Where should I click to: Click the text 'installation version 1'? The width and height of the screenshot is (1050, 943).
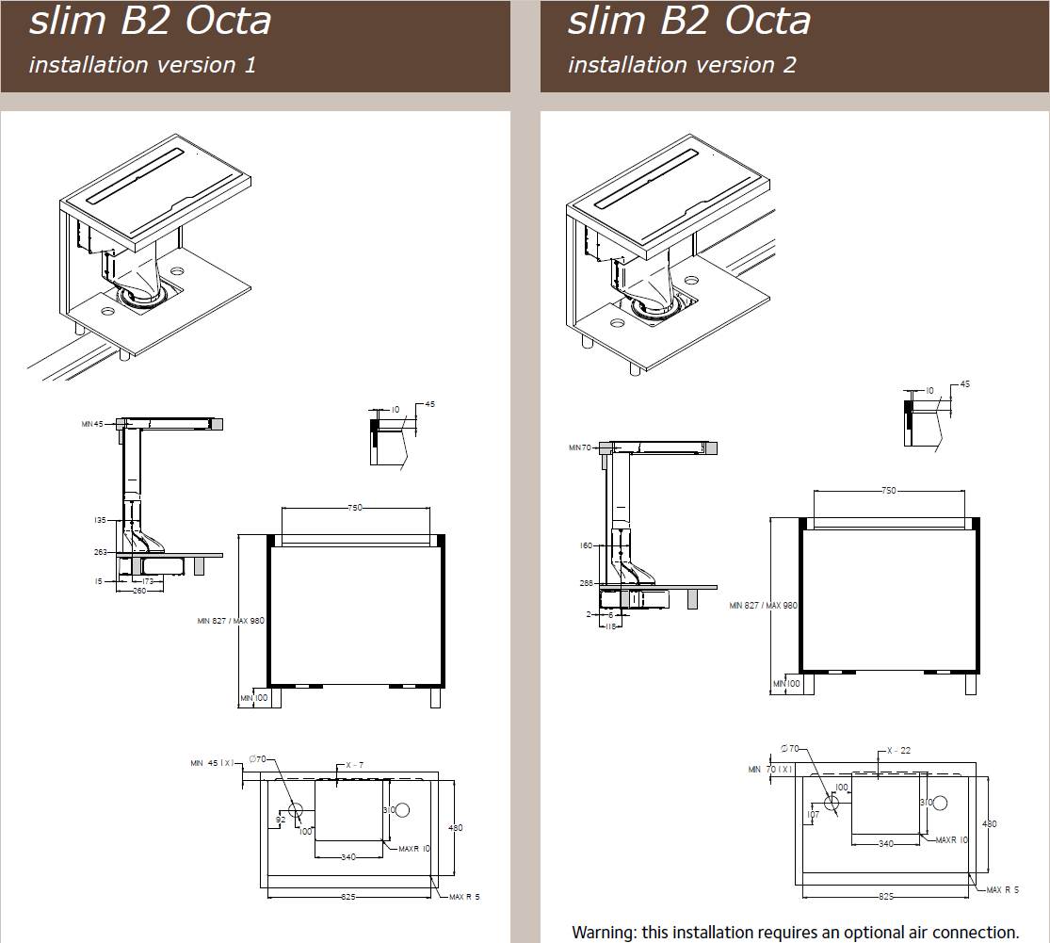(x=142, y=65)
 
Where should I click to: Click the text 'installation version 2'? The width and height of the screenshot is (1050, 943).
(x=682, y=65)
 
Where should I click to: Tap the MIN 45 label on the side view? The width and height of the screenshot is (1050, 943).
(x=92, y=425)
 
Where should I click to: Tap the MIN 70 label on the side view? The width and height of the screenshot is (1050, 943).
(x=579, y=447)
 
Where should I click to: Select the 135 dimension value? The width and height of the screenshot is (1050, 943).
(x=100, y=519)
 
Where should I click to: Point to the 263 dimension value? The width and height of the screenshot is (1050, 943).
(x=100, y=552)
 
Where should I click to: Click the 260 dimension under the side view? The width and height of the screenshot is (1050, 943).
(x=137, y=592)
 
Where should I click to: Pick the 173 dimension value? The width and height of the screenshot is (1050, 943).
(x=148, y=581)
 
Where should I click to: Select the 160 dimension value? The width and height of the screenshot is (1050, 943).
(x=587, y=545)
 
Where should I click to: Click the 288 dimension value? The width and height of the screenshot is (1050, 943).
(x=587, y=583)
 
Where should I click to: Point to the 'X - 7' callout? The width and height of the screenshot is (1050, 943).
(x=355, y=765)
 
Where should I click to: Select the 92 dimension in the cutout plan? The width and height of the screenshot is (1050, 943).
(x=281, y=821)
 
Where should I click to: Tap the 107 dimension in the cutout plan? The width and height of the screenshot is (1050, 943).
(x=813, y=815)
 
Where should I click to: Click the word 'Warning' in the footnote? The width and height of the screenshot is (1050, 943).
(x=602, y=933)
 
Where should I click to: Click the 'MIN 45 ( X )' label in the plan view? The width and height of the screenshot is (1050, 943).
(x=212, y=763)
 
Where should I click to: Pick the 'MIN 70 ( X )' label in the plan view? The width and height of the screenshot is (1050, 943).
(x=771, y=770)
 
